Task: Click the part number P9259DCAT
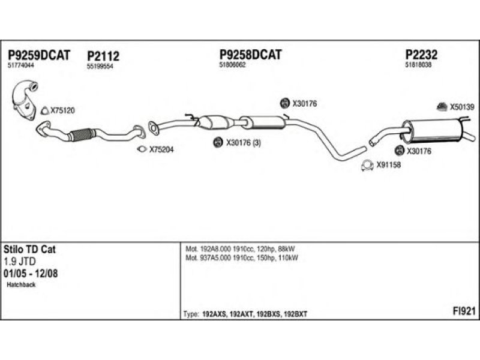38,55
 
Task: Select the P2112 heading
103,56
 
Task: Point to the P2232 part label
421,55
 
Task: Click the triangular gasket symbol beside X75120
44,110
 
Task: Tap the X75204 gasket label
161,149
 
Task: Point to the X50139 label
462,107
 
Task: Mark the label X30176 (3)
243,143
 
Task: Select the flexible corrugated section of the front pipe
82,134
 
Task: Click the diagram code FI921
464,311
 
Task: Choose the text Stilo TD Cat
30,250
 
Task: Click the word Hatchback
22,285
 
